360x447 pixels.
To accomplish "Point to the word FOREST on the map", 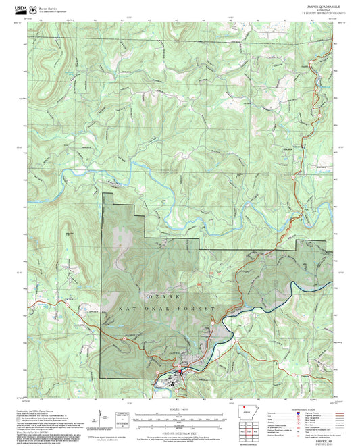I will point(200,309).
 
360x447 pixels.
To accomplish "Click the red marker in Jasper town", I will point(180,373).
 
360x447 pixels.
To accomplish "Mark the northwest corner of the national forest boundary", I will point(103,194).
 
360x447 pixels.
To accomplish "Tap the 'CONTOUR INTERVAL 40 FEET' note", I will point(180,431).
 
